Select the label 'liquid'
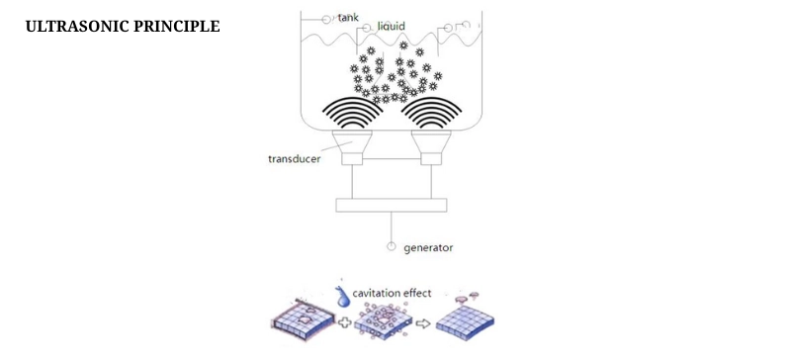click(393, 26)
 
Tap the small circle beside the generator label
click(393, 245)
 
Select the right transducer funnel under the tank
click(431, 150)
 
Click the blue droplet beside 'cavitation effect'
click(342, 294)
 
